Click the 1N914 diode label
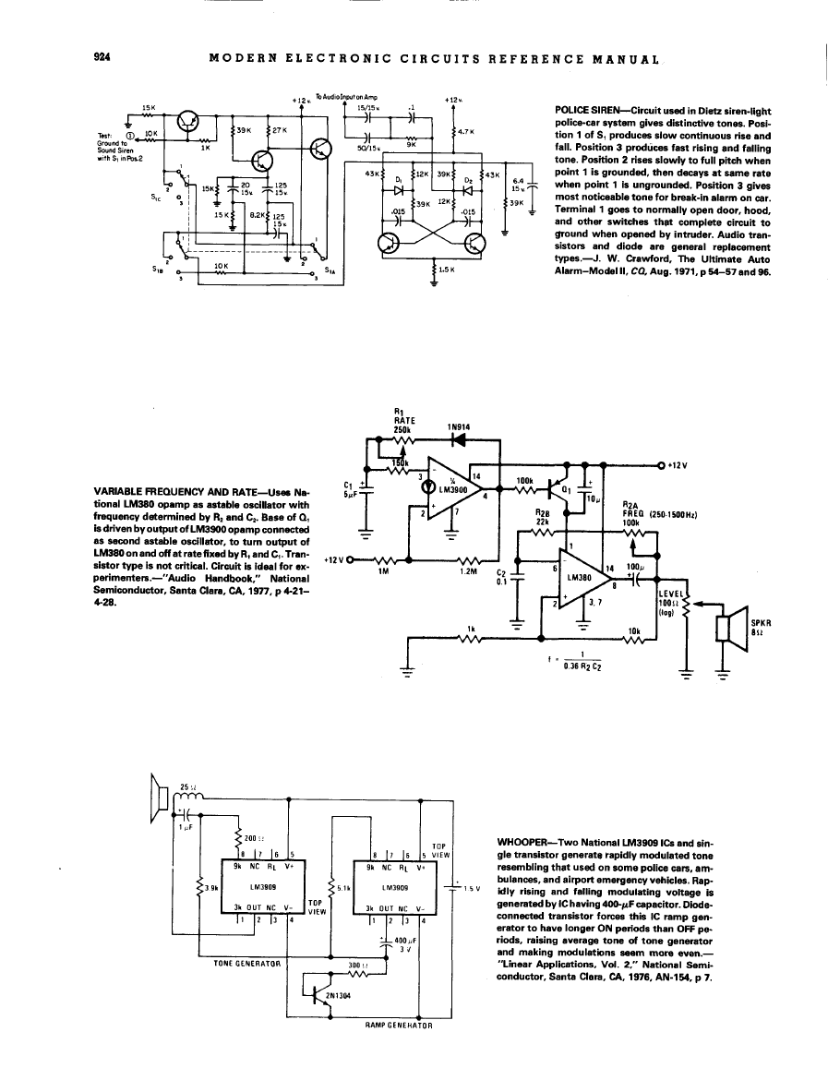coord(459,426)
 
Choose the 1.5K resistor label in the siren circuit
coord(450,270)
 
